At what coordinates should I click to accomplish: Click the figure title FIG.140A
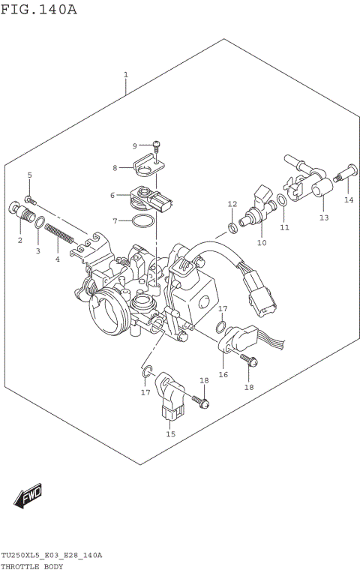38,9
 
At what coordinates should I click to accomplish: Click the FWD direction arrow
28,496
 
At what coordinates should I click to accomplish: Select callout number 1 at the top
126,75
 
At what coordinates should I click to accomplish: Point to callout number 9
135,145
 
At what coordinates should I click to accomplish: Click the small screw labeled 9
157,145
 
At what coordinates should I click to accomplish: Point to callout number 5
30,175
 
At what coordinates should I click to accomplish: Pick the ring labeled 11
280,200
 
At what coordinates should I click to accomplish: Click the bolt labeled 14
347,174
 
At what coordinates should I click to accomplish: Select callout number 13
324,217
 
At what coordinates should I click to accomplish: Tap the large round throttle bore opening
104,310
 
